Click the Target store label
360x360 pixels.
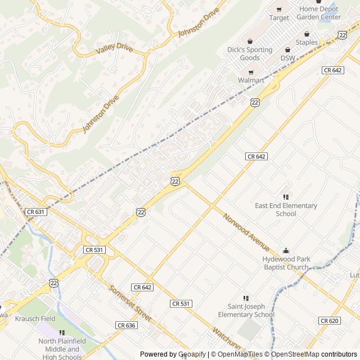pyautogui.click(x=279, y=18)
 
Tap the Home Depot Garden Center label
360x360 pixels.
pyautogui.click(x=319, y=13)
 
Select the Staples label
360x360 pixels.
pyautogui.click(x=307, y=42)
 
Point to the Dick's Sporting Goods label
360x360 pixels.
pyautogui.click(x=250, y=54)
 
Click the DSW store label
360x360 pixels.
pyautogui.click(x=287, y=58)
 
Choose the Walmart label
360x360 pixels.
pyautogui.click(x=251, y=80)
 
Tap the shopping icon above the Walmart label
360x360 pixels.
pyautogui.click(x=251, y=72)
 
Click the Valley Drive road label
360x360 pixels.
pyautogui.click(x=114, y=49)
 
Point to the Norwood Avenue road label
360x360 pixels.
pyautogui.click(x=246, y=233)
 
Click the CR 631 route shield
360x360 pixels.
pyautogui.click(x=35, y=211)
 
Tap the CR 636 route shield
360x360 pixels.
pyautogui.click(x=127, y=325)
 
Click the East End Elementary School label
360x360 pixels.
pyautogui.click(x=286, y=210)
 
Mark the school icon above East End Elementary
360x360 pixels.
pyautogui.click(x=286, y=197)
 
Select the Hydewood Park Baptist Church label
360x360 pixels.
pyautogui.click(x=286, y=263)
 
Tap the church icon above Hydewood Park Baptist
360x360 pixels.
pyautogui.click(x=286, y=250)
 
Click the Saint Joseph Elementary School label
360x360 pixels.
pyautogui.click(x=246, y=310)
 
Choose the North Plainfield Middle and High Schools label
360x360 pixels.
pyautogui.click(x=60, y=349)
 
